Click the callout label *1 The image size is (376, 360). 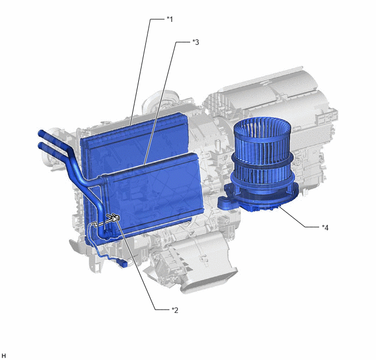(170, 19)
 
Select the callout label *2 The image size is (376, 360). (175, 310)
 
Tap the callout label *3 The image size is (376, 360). (196, 42)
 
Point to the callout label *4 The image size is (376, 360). (325, 227)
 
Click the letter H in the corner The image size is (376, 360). (4, 356)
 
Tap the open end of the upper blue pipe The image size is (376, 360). (40, 133)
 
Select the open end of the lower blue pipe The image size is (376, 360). (40, 145)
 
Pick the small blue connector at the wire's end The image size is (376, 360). (124, 264)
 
